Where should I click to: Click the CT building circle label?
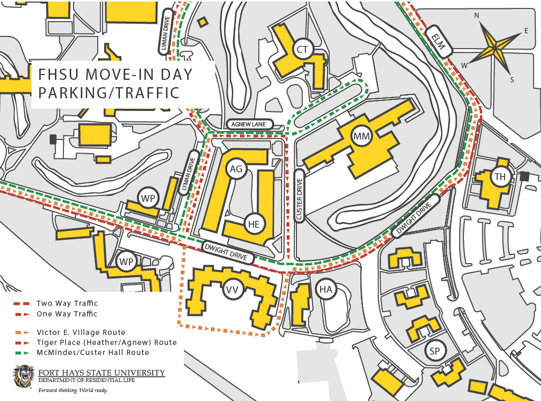click(x=302, y=50)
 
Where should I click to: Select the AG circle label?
click(x=236, y=169)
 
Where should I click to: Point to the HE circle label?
click(x=254, y=224)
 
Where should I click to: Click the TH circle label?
click(x=500, y=177)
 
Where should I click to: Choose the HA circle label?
click(x=325, y=288)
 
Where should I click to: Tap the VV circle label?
click(x=231, y=290)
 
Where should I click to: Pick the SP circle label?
click(x=435, y=351)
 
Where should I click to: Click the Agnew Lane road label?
click(x=249, y=124)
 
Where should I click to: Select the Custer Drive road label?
click(x=299, y=196)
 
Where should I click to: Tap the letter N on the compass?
click(x=477, y=16)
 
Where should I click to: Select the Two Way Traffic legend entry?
click(x=67, y=303)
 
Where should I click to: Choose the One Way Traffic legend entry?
click(x=67, y=314)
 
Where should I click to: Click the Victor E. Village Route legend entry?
click(x=81, y=332)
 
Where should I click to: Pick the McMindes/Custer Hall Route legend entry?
click(x=92, y=352)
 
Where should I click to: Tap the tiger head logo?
click(x=24, y=376)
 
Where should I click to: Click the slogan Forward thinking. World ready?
click(x=72, y=390)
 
